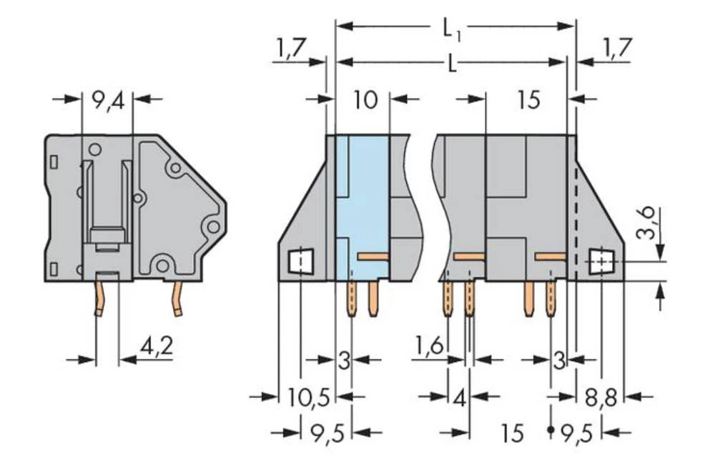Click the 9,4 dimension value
pyautogui.click(x=107, y=99)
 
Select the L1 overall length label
pyautogui.click(x=452, y=29)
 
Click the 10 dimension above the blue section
pyautogui.click(x=365, y=99)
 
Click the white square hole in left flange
pyautogui.click(x=301, y=262)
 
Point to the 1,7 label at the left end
pyautogui.click(x=289, y=49)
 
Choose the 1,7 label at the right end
pyautogui.click(x=616, y=49)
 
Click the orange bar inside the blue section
pyautogui.click(x=372, y=255)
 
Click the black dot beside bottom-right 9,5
pyautogui.click(x=551, y=432)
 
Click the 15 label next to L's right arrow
pyautogui.click(x=528, y=100)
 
